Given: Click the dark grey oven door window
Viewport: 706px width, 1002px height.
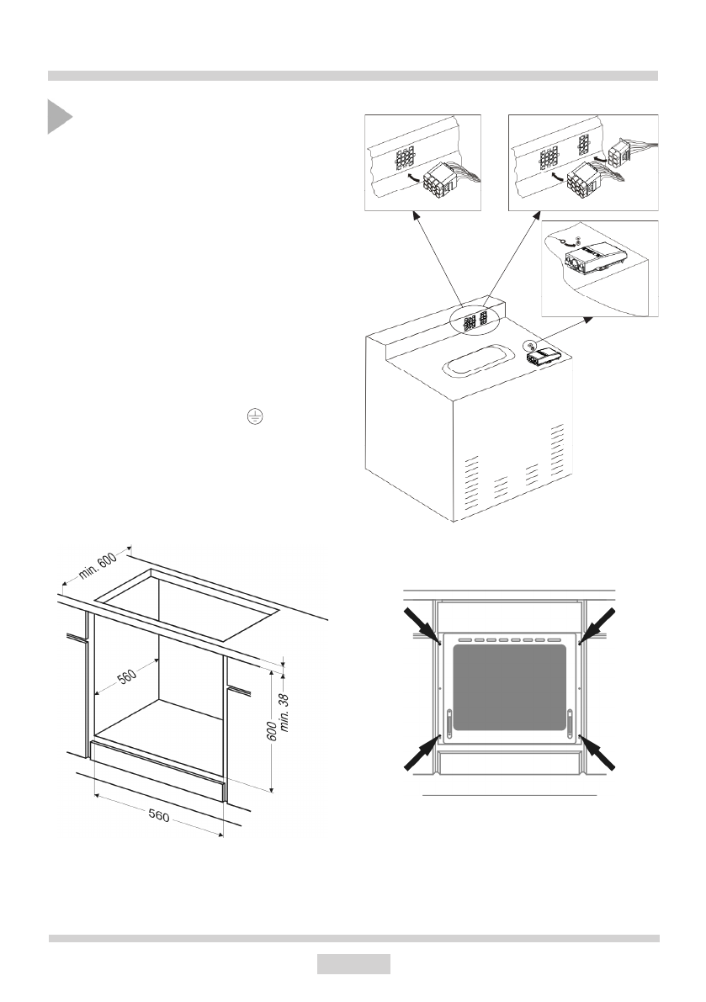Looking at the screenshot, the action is (x=511, y=687).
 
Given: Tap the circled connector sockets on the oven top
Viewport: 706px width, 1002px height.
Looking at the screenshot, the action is (x=476, y=321).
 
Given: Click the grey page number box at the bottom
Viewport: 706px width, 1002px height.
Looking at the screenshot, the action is (x=353, y=964).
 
